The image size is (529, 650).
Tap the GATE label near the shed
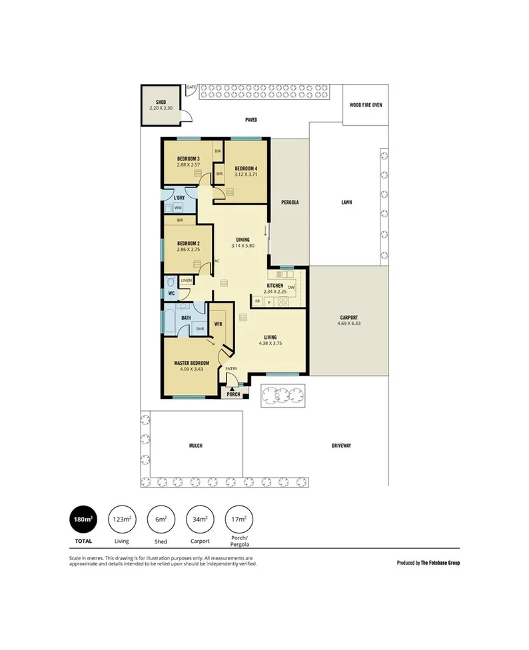point(191,87)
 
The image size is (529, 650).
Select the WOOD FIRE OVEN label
point(366,105)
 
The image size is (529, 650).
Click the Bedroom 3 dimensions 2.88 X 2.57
point(189,164)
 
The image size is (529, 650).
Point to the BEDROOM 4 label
point(246,168)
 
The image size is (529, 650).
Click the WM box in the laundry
point(178,208)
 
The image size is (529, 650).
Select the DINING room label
point(243,240)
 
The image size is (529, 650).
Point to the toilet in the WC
point(171,281)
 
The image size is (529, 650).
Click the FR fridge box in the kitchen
point(257,302)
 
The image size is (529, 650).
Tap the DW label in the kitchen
point(291,287)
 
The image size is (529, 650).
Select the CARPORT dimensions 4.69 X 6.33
point(348,324)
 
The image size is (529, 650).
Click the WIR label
point(218,324)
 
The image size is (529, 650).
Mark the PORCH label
point(233,394)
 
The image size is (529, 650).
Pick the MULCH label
point(195,446)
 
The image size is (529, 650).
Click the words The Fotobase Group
point(438,563)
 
